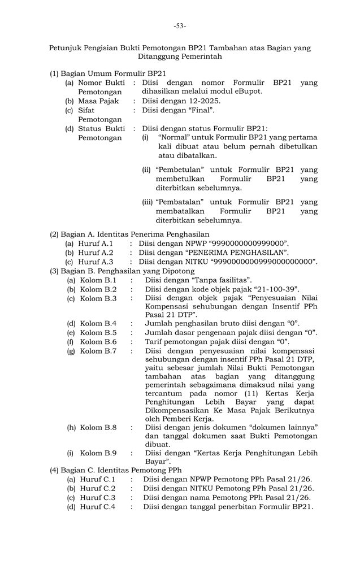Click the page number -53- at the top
point(180,25)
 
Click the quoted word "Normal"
point(176,137)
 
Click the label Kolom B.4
point(98,323)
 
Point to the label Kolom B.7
point(98,351)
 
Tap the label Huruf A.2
point(96,253)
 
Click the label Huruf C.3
point(97,497)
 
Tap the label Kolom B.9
point(98,453)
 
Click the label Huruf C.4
point(97,507)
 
